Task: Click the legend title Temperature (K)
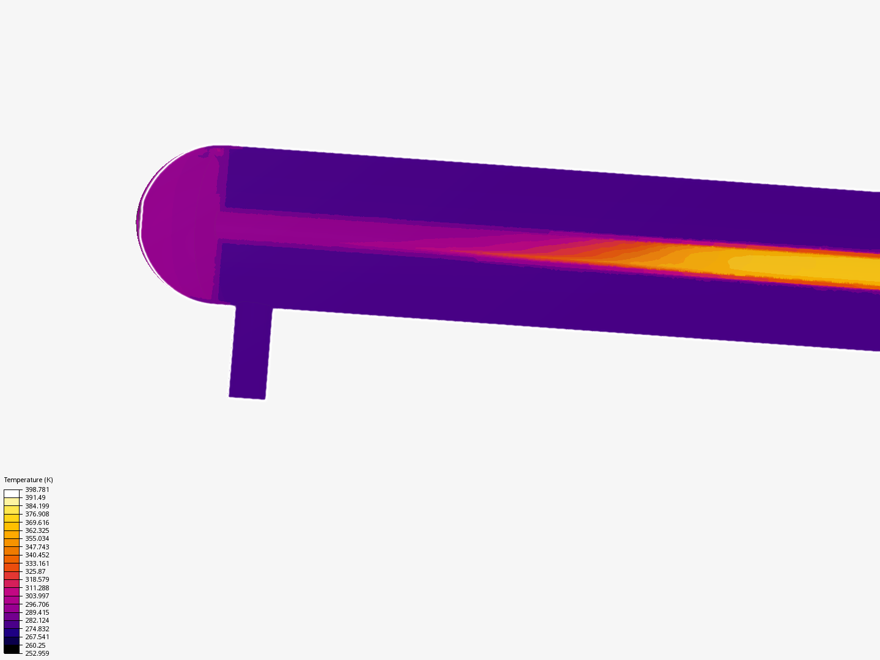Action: click(28, 480)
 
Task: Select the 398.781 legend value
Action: click(37, 490)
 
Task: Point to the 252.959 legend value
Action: click(37, 653)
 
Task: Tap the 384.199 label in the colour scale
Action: click(37, 506)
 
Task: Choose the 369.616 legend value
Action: click(37, 522)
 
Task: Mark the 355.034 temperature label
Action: click(37, 538)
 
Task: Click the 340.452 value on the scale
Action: click(37, 555)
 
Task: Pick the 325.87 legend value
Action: click(35, 571)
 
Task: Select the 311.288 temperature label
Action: click(37, 588)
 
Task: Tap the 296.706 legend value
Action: click(37, 604)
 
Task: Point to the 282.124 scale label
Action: click(37, 620)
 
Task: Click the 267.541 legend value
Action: click(37, 637)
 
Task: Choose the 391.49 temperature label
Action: click(35, 497)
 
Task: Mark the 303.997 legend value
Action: click(37, 596)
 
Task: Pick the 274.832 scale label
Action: click(37, 629)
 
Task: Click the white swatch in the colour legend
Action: click(12, 493)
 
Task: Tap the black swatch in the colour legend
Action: click(12, 649)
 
